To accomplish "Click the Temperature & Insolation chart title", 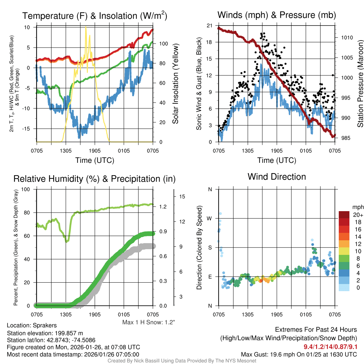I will click(x=95, y=16).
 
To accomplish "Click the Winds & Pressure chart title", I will click(x=277, y=15).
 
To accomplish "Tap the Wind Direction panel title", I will click(x=277, y=177).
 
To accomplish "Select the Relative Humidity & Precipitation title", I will click(x=94, y=179).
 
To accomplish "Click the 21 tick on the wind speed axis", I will click(x=209, y=26).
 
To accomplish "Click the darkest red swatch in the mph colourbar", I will click(x=345, y=215).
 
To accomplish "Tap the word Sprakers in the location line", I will click(x=44, y=325).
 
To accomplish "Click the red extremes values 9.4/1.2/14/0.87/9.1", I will click(x=330, y=347).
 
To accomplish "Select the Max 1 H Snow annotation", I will click(x=149, y=322).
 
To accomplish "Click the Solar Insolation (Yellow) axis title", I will click(x=176, y=84).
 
